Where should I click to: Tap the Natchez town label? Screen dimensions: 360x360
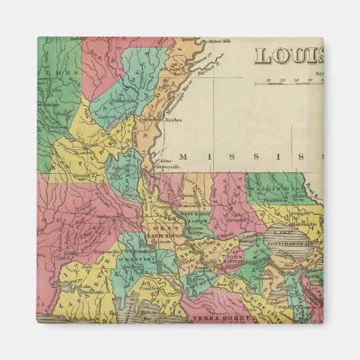[x=174, y=122]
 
